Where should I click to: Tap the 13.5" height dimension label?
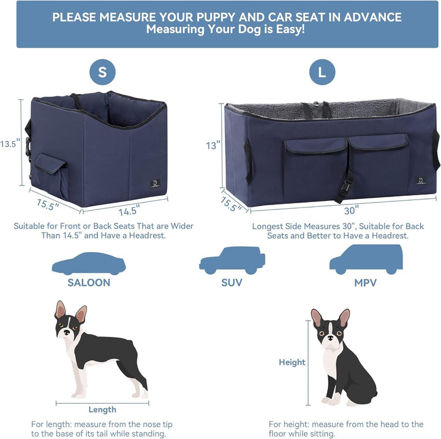(x=10, y=143)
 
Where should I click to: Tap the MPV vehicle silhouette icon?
(x=366, y=260)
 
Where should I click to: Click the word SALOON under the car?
(x=89, y=283)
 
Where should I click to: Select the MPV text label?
(x=366, y=283)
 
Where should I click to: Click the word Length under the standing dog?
(x=102, y=410)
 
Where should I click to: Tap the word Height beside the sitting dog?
(x=292, y=362)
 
